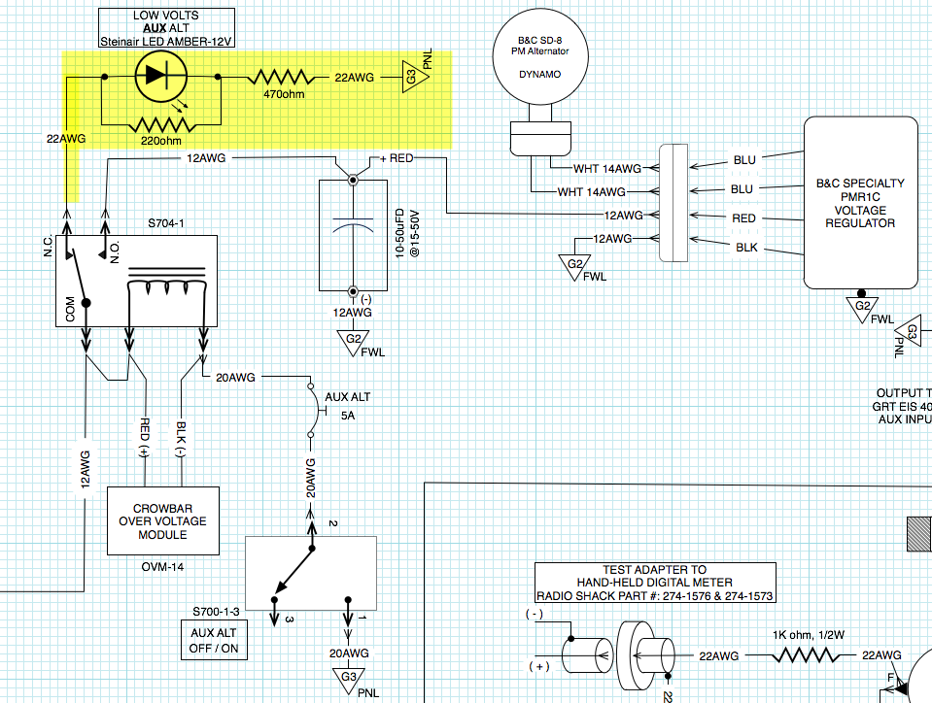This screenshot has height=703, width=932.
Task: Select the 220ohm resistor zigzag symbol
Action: [x=161, y=124]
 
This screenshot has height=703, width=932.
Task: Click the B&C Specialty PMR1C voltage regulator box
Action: [x=861, y=202]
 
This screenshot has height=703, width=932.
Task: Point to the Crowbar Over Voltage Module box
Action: [x=162, y=520]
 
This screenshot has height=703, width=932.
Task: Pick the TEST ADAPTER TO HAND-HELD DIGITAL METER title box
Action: [x=655, y=583]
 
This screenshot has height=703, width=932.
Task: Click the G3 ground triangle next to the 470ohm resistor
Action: [x=410, y=77]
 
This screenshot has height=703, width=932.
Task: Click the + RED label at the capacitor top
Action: [x=397, y=158]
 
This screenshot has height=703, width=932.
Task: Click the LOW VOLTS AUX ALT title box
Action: [x=166, y=28]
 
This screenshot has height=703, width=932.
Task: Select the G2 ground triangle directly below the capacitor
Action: [x=351, y=339]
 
